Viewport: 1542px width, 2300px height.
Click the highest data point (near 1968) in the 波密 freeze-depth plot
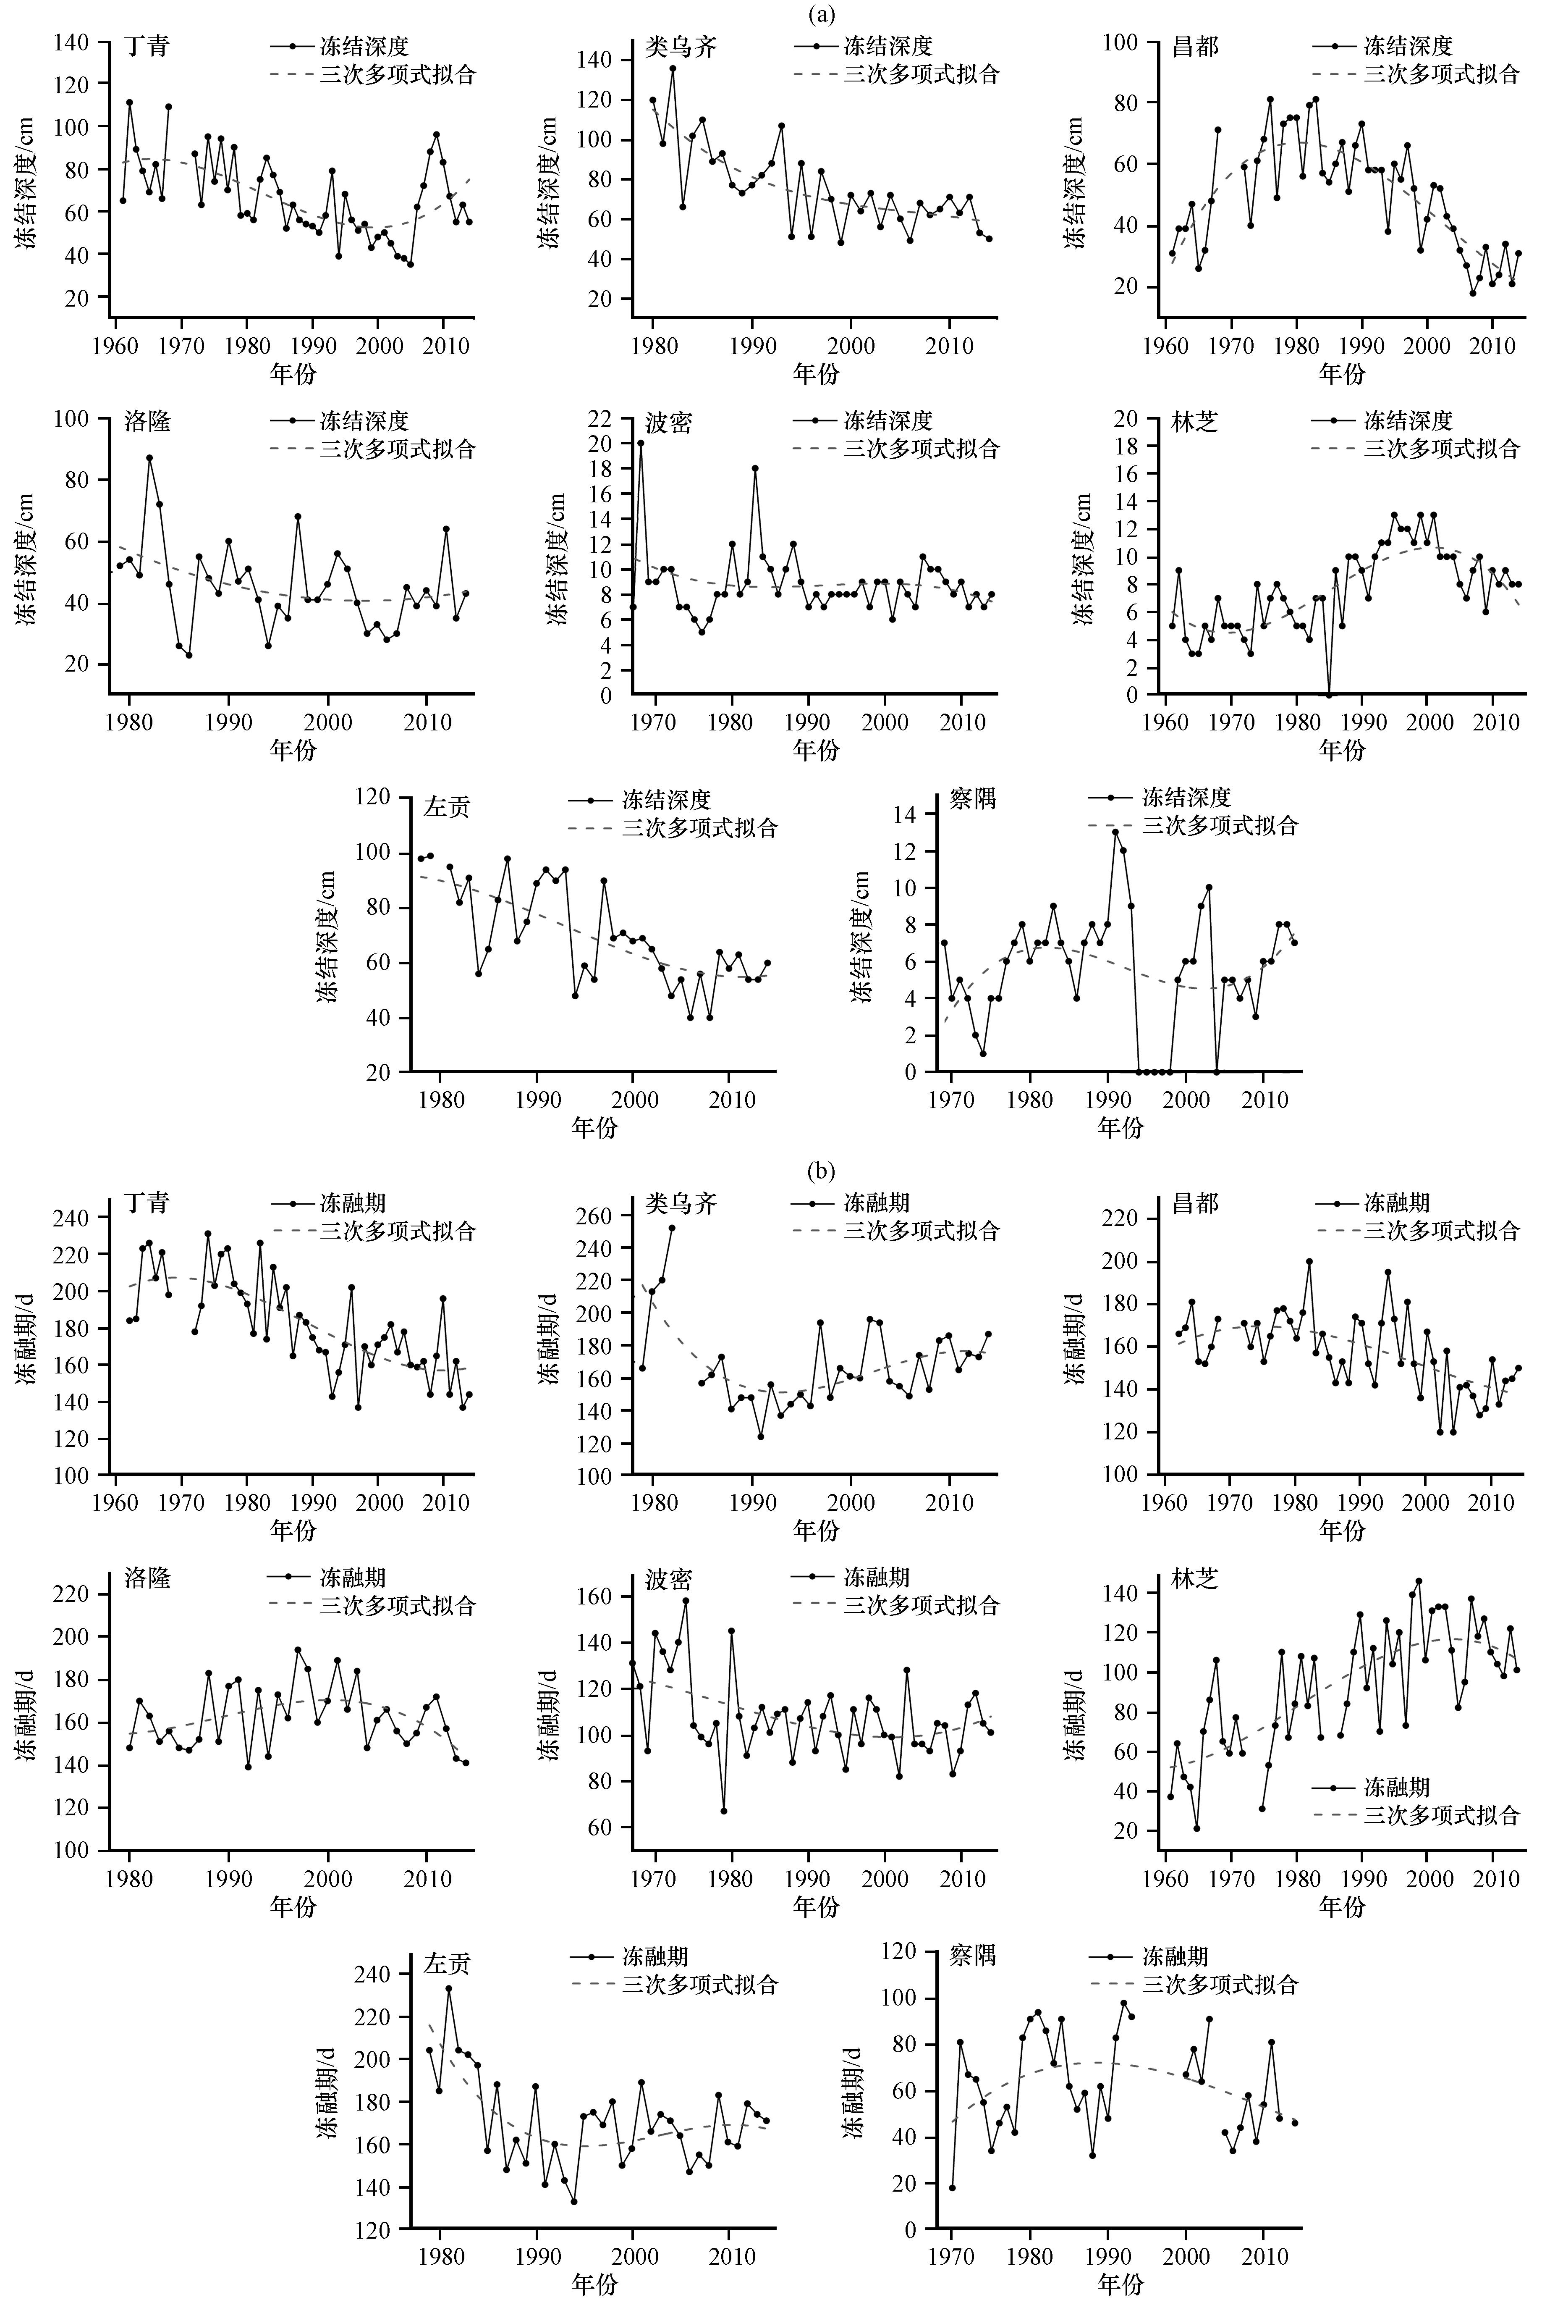click(x=640, y=443)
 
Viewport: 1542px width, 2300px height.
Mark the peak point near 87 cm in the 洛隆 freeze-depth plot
click(x=149, y=457)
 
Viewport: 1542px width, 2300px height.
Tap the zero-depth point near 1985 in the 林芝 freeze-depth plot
click(x=1329, y=695)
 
